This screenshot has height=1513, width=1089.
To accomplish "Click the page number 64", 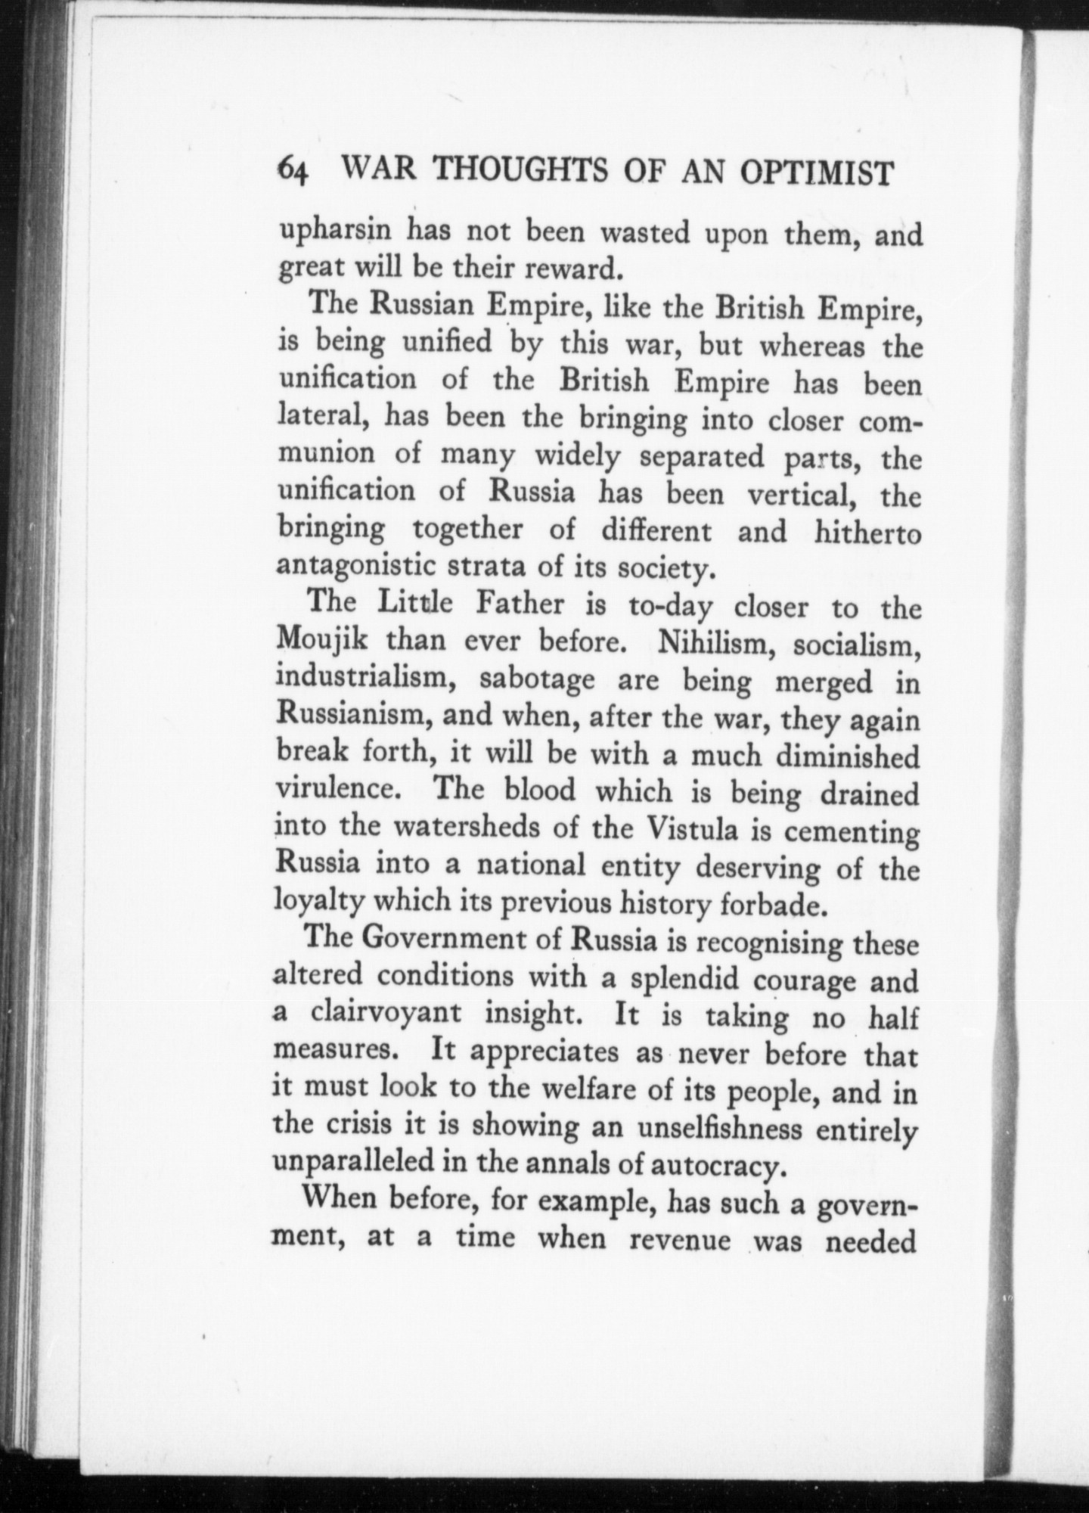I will [x=293, y=173].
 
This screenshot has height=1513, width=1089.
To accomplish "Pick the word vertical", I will [x=801, y=495].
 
